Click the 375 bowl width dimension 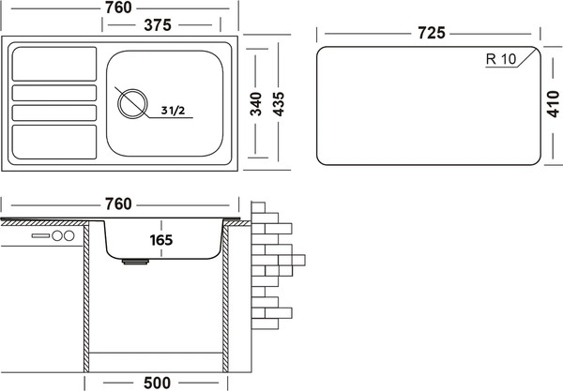pos(158,25)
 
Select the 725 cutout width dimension pos(432,33)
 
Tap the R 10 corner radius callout pos(501,59)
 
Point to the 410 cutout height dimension pos(553,104)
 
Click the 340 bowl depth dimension pos(256,104)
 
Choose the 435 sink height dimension pos(279,104)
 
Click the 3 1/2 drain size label pos(173,111)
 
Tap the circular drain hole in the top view pos(132,104)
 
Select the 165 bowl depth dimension pos(161,240)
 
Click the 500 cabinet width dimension pos(158,383)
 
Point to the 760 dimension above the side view pos(118,204)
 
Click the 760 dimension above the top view pos(118,8)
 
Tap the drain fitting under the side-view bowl pos(135,262)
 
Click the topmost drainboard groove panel pos(54,64)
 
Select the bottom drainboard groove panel pos(54,142)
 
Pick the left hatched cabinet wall pos(86,297)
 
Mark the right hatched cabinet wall pos(225,297)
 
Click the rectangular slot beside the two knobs pos(40,235)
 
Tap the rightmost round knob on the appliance pos(68,235)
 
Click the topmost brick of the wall pos(258,207)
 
